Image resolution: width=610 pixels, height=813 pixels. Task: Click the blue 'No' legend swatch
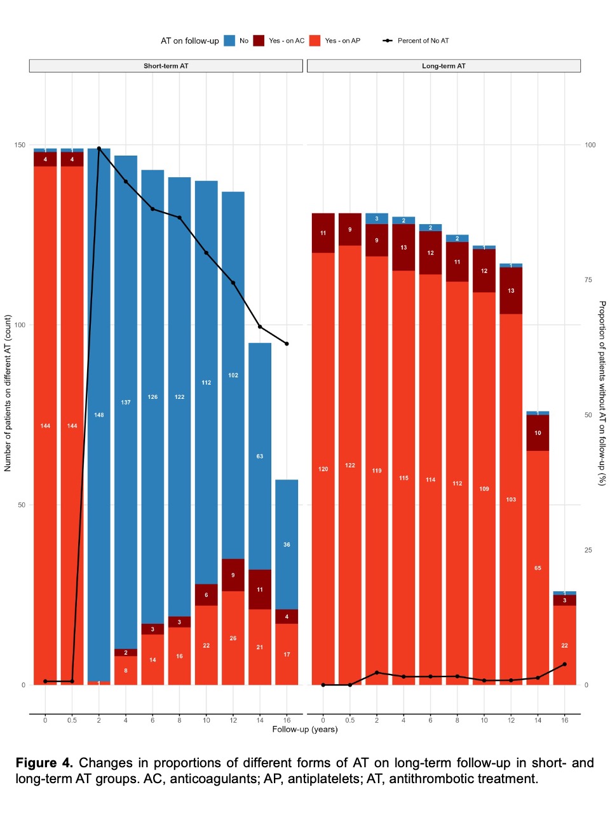(229, 41)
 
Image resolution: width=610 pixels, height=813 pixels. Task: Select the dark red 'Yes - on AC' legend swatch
(259, 41)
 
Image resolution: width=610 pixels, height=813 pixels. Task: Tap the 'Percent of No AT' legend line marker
(388, 41)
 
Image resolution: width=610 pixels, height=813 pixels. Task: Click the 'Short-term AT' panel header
(166, 66)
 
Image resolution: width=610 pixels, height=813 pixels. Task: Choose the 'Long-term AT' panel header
(444, 66)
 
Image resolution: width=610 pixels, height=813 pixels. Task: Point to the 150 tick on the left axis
(20, 145)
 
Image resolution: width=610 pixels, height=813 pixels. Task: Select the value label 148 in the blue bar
(99, 415)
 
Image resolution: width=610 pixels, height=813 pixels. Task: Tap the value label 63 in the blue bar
(260, 456)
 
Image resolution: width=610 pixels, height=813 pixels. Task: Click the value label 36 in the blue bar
(287, 544)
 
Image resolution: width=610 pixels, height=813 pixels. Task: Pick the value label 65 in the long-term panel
(538, 568)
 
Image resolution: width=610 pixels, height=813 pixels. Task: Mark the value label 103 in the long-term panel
(511, 499)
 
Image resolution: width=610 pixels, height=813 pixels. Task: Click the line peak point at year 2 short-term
(99, 149)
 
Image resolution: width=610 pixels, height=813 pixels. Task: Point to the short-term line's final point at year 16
(287, 344)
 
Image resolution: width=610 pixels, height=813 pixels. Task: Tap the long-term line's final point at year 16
(564, 664)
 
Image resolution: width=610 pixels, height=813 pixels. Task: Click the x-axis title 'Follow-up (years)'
(305, 729)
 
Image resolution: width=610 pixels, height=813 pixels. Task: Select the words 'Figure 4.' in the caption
(44, 763)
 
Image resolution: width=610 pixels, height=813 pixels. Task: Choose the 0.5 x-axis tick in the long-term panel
(350, 720)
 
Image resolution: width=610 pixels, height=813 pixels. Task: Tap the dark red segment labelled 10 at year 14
(538, 433)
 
